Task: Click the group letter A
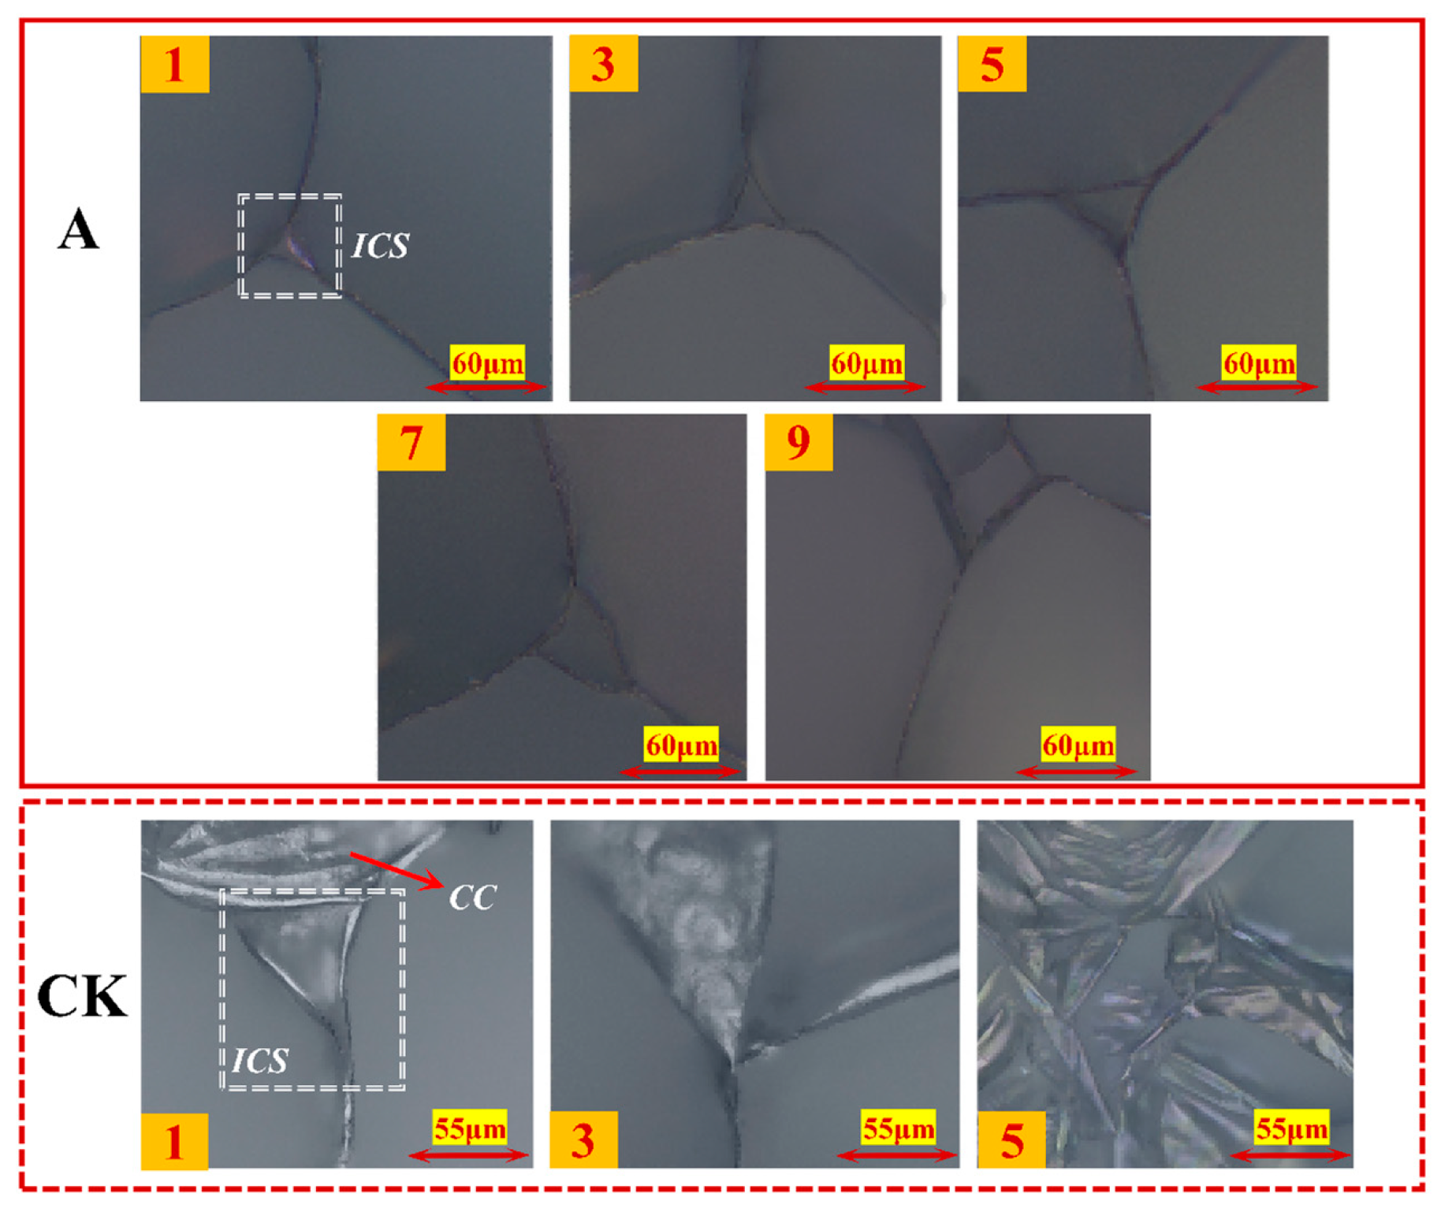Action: (78, 230)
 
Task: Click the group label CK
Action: (82, 997)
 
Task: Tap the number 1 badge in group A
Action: (175, 64)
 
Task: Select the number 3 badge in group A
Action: (604, 64)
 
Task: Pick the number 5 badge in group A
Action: (992, 64)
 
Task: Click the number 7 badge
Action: (411, 442)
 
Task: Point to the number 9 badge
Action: (799, 442)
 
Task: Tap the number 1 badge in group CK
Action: (175, 1141)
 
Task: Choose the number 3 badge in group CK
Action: (583, 1140)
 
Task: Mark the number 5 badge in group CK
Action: (1011, 1140)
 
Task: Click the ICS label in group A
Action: (380, 246)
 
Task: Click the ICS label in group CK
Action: (260, 1061)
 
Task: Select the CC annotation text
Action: (472, 897)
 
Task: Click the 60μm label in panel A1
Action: (488, 363)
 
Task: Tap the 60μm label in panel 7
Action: (682, 745)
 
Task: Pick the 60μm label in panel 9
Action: (1078, 745)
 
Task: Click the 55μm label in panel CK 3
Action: (899, 1128)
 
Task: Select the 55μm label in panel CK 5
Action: (1291, 1128)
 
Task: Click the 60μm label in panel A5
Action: (1259, 363)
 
